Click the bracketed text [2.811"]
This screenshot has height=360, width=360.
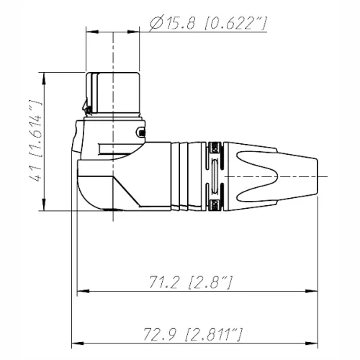coord(213,335)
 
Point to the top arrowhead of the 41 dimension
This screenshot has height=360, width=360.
coord(45,76)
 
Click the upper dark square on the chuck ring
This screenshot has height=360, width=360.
coord(213,148)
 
